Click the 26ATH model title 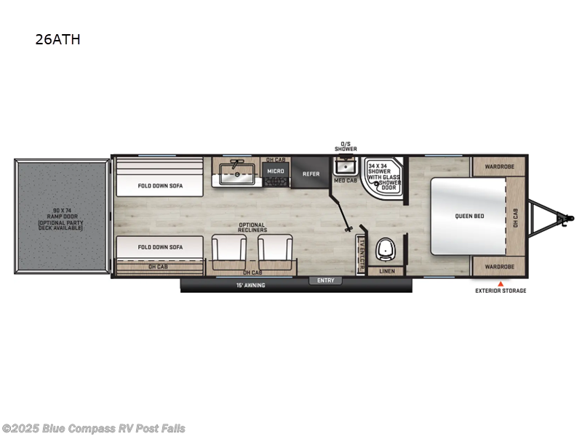[57, 40]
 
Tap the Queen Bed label [469, 216]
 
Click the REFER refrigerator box [311, 174]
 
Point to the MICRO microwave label [275, 171]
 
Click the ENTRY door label [324, 280]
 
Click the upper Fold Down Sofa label [161, 185]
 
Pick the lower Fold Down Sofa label [161, 247]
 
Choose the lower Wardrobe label [500, 267]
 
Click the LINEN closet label [388, 272]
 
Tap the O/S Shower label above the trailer [346, 146]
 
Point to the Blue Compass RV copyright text [93, 428]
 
